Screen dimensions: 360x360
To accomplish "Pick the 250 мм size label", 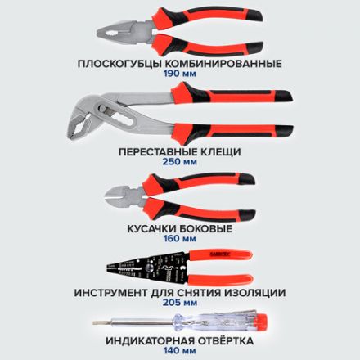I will point(179,163).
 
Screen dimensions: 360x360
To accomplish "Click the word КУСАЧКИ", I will point(148,228).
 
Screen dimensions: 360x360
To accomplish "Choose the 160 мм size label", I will point(179,239).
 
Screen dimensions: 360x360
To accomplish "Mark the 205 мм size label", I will point(179,304).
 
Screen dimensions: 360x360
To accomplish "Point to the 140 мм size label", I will point(179,351).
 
